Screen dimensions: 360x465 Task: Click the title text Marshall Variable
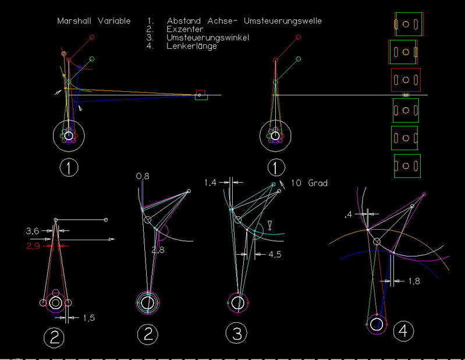point(93,21)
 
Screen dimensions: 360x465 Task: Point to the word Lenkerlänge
point(191,46)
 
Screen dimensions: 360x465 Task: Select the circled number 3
point(237,334)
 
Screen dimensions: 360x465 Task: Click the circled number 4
point(403,332)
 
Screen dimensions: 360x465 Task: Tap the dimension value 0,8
point(143,176)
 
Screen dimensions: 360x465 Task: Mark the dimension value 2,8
point(158,250)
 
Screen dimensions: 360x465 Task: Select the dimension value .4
point(347,215)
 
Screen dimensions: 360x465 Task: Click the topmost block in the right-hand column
point(407,25)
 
